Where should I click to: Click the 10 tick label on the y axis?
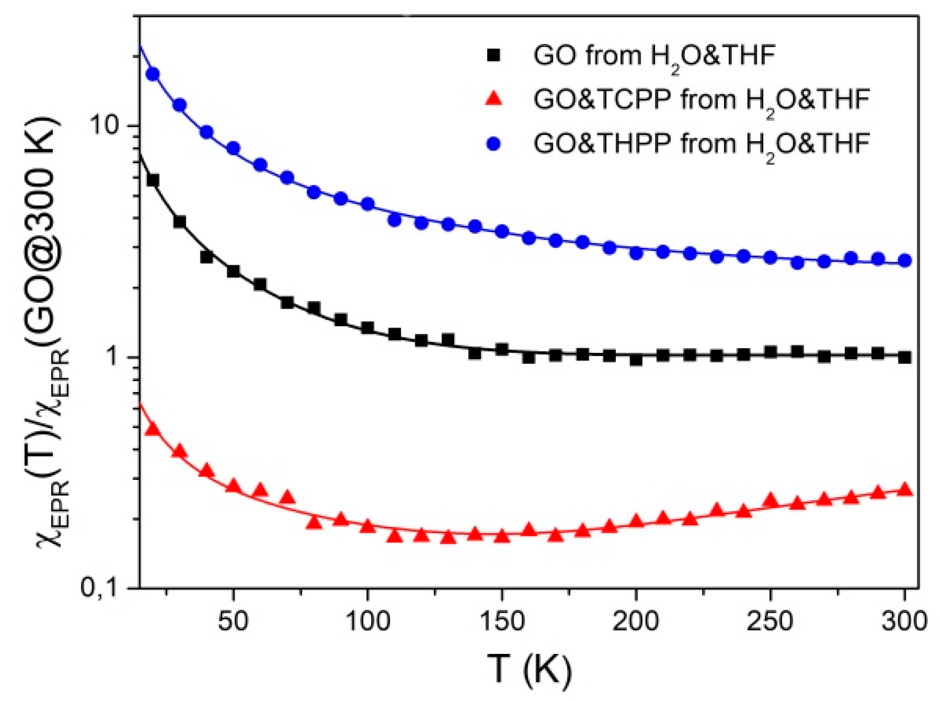coord(106,126)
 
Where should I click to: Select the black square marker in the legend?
coord(494,56)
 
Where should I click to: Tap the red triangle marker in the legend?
coord(494,99)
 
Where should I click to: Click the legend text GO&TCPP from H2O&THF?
coord(701,101)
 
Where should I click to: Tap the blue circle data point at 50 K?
coord(233,149)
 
